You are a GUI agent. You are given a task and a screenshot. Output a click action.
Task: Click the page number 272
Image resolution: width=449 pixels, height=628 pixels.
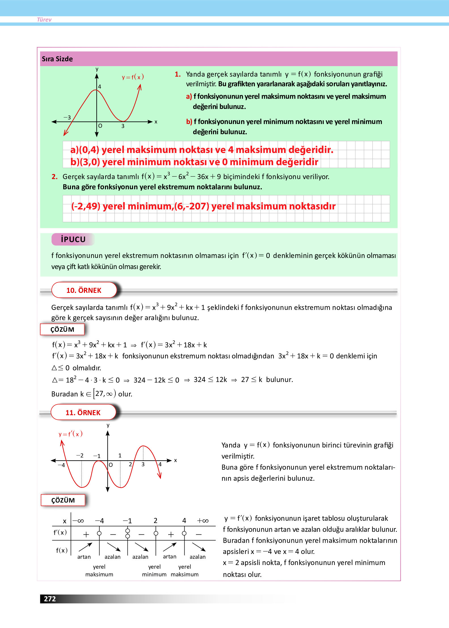click(x=50, y=599)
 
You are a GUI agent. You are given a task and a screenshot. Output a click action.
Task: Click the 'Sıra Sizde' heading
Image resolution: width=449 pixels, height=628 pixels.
click(x=57, y=59)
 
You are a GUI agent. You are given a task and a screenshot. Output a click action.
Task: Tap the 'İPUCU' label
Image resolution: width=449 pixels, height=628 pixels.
click(x=73, y=240)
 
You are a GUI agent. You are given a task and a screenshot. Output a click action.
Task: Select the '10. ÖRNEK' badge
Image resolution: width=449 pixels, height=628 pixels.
click(x=84, y=290)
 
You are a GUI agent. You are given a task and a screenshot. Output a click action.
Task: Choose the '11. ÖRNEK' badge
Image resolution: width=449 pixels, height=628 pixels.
click(x=83, y=413)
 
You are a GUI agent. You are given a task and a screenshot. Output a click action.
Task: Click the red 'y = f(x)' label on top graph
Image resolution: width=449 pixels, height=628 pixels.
click(x=133, y=77)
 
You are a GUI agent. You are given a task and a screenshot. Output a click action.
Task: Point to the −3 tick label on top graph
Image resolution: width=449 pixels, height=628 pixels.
click(x=67, y=117)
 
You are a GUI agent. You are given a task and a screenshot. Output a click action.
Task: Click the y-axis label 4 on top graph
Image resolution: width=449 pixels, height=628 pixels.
click(x=100, y=87)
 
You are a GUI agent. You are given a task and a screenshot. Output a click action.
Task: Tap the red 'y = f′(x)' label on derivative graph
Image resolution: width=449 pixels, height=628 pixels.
click(x=71, y=434)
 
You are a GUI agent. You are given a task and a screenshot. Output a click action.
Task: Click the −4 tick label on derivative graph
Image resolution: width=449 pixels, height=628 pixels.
click(x=61, y=465)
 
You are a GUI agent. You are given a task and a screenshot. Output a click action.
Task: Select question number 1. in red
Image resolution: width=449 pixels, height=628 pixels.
click(x=178, y=74)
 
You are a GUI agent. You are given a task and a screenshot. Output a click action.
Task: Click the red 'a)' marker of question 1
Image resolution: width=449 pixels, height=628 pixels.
click(x=189, y=96)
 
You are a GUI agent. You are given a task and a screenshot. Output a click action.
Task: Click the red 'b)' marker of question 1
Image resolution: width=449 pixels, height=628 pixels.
click(x=189, y=122)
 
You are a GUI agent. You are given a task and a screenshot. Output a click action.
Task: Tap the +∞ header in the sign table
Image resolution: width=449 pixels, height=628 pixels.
click(x=203, y=521)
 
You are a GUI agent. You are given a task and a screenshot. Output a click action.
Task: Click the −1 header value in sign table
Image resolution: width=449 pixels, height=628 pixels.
click(x=127, y=521)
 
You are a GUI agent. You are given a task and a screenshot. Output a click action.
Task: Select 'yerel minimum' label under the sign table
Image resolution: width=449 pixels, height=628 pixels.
click(x=154, y=570)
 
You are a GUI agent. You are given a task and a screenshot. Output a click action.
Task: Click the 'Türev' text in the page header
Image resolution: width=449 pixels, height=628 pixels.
click(x=44, y=20)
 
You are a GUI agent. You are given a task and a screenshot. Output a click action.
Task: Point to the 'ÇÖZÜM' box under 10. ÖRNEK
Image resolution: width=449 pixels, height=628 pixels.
click(x=62, y=329)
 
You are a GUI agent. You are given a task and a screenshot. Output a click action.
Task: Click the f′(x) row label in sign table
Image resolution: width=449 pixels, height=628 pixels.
click(x=60, y=532)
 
